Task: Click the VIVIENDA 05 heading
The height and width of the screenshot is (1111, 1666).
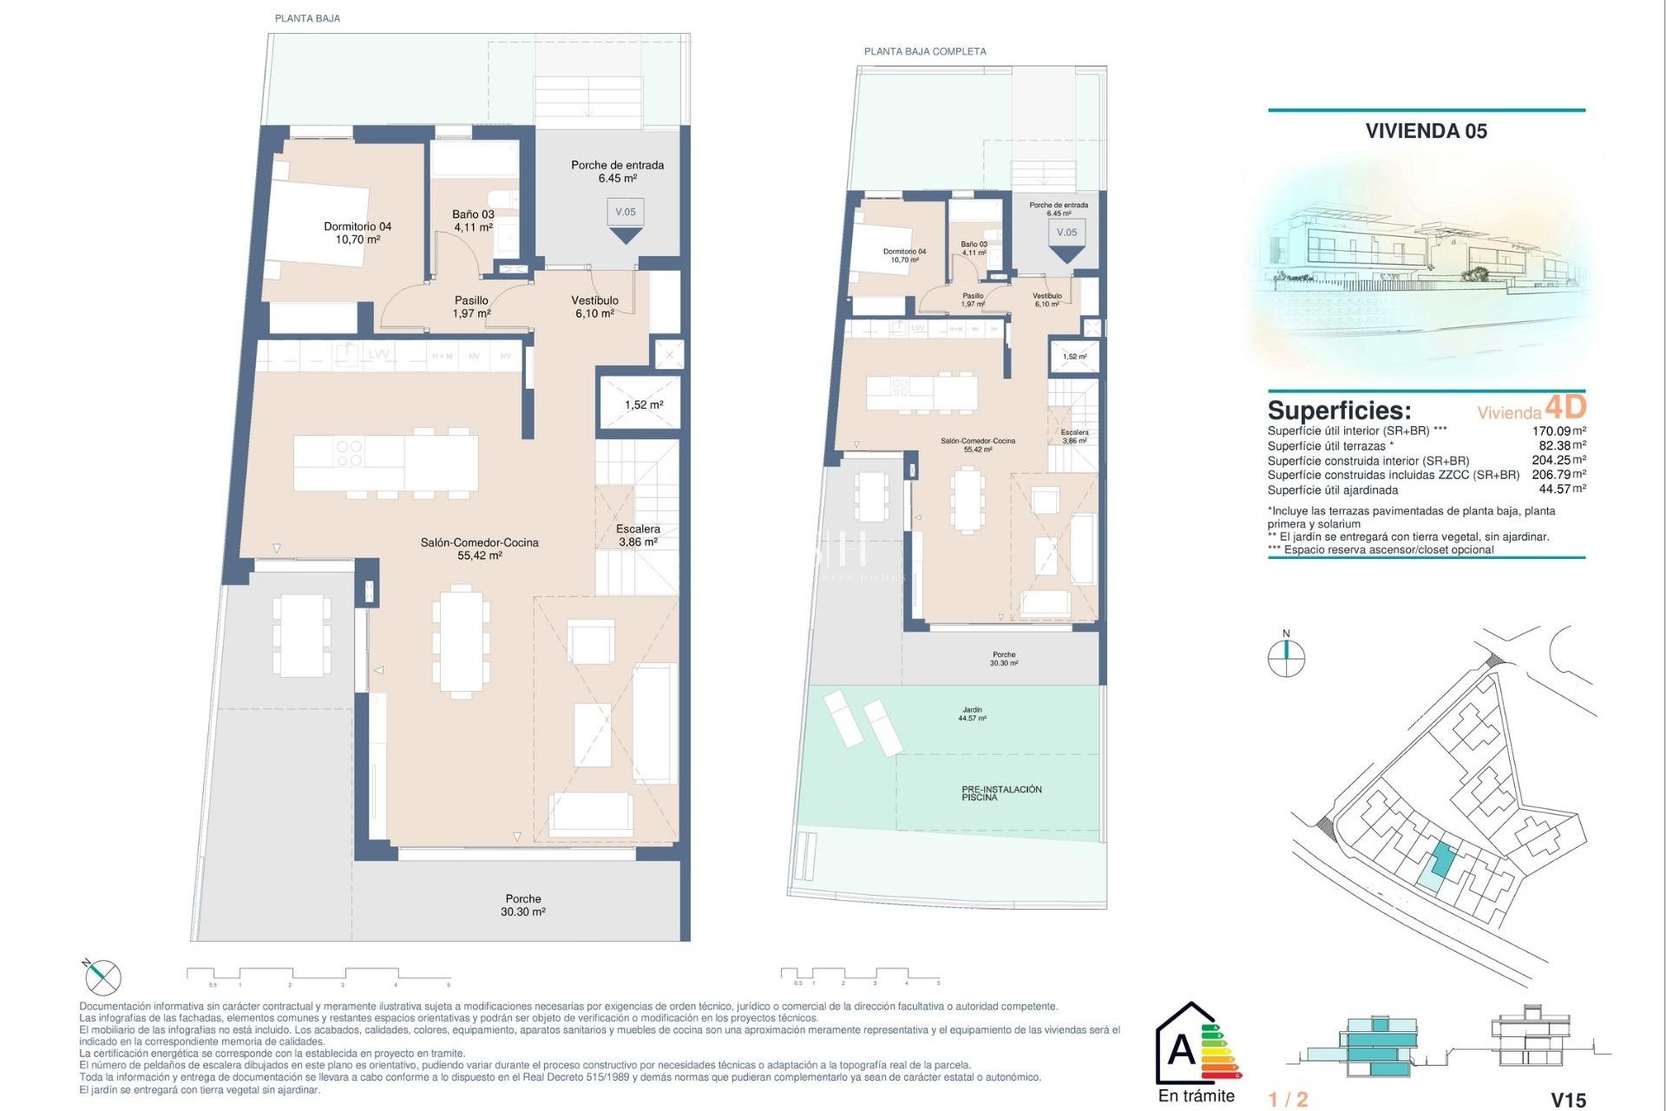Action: [x=1426, y=131]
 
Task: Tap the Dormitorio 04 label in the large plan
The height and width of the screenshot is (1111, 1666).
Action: [x=357, y=233]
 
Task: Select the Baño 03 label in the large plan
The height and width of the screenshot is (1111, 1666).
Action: [x=473, y=220]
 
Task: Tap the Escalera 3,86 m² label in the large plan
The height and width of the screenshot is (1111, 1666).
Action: [x=638, y=535]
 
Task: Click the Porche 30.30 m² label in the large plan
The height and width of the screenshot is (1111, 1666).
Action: [x=522, y=905]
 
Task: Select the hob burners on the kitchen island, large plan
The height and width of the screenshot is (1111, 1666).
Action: [x=349, y=453]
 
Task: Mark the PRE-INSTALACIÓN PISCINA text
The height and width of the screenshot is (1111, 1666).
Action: [x=1001, y=792]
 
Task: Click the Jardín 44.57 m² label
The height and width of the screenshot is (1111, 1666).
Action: [x=972, y=713]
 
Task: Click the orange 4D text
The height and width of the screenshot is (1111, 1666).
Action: [x=1565, y=406]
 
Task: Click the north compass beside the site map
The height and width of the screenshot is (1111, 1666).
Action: [x=1286, y=657]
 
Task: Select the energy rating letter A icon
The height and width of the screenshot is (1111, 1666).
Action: [x=1182, y=1049]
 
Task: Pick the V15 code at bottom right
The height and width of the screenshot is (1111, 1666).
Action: [x=1568, y=1100]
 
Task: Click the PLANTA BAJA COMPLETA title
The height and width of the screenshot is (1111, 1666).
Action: [x=925, y=51]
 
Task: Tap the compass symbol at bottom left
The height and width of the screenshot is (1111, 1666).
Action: [x=103, y=978]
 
